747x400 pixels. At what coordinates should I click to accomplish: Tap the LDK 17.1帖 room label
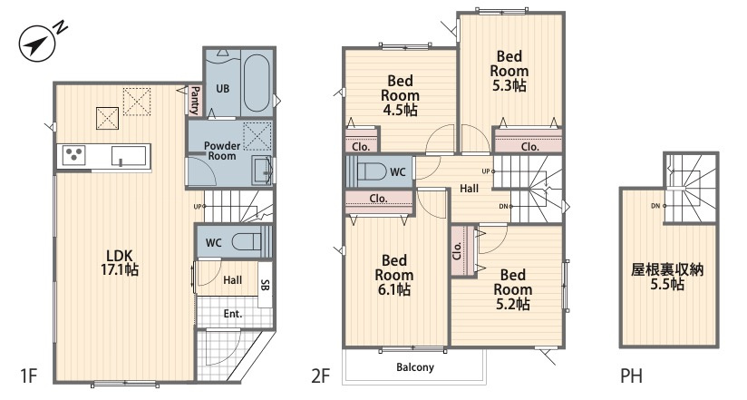coord(120,262)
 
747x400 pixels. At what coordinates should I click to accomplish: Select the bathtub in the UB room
coord(257,83)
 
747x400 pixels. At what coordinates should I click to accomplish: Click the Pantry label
coord(195,100)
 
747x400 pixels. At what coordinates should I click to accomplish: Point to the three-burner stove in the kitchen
coord(73,155)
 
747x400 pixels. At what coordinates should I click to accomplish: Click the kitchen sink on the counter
coord(129,156)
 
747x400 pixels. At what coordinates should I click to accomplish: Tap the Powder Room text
coord(222,151)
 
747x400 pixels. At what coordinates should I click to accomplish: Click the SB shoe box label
coord(266,285)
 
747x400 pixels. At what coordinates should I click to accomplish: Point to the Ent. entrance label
coord(233,314)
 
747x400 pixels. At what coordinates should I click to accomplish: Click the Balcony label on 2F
coord(415,367)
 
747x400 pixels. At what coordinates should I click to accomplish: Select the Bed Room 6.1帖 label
coord(394,275)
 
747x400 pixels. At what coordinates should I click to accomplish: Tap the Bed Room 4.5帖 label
coord(400,95)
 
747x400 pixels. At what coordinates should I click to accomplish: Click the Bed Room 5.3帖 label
coord(509,71)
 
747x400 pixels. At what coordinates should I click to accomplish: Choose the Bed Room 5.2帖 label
coord(512,289)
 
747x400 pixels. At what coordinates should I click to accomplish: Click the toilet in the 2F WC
coord(372,171)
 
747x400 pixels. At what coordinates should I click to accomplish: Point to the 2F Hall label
coord(470,189)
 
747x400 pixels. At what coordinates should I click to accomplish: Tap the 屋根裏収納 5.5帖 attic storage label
coord(667,277)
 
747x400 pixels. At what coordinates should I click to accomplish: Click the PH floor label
coord(631,376)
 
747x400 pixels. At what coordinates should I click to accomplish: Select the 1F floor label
coord(29,376)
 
